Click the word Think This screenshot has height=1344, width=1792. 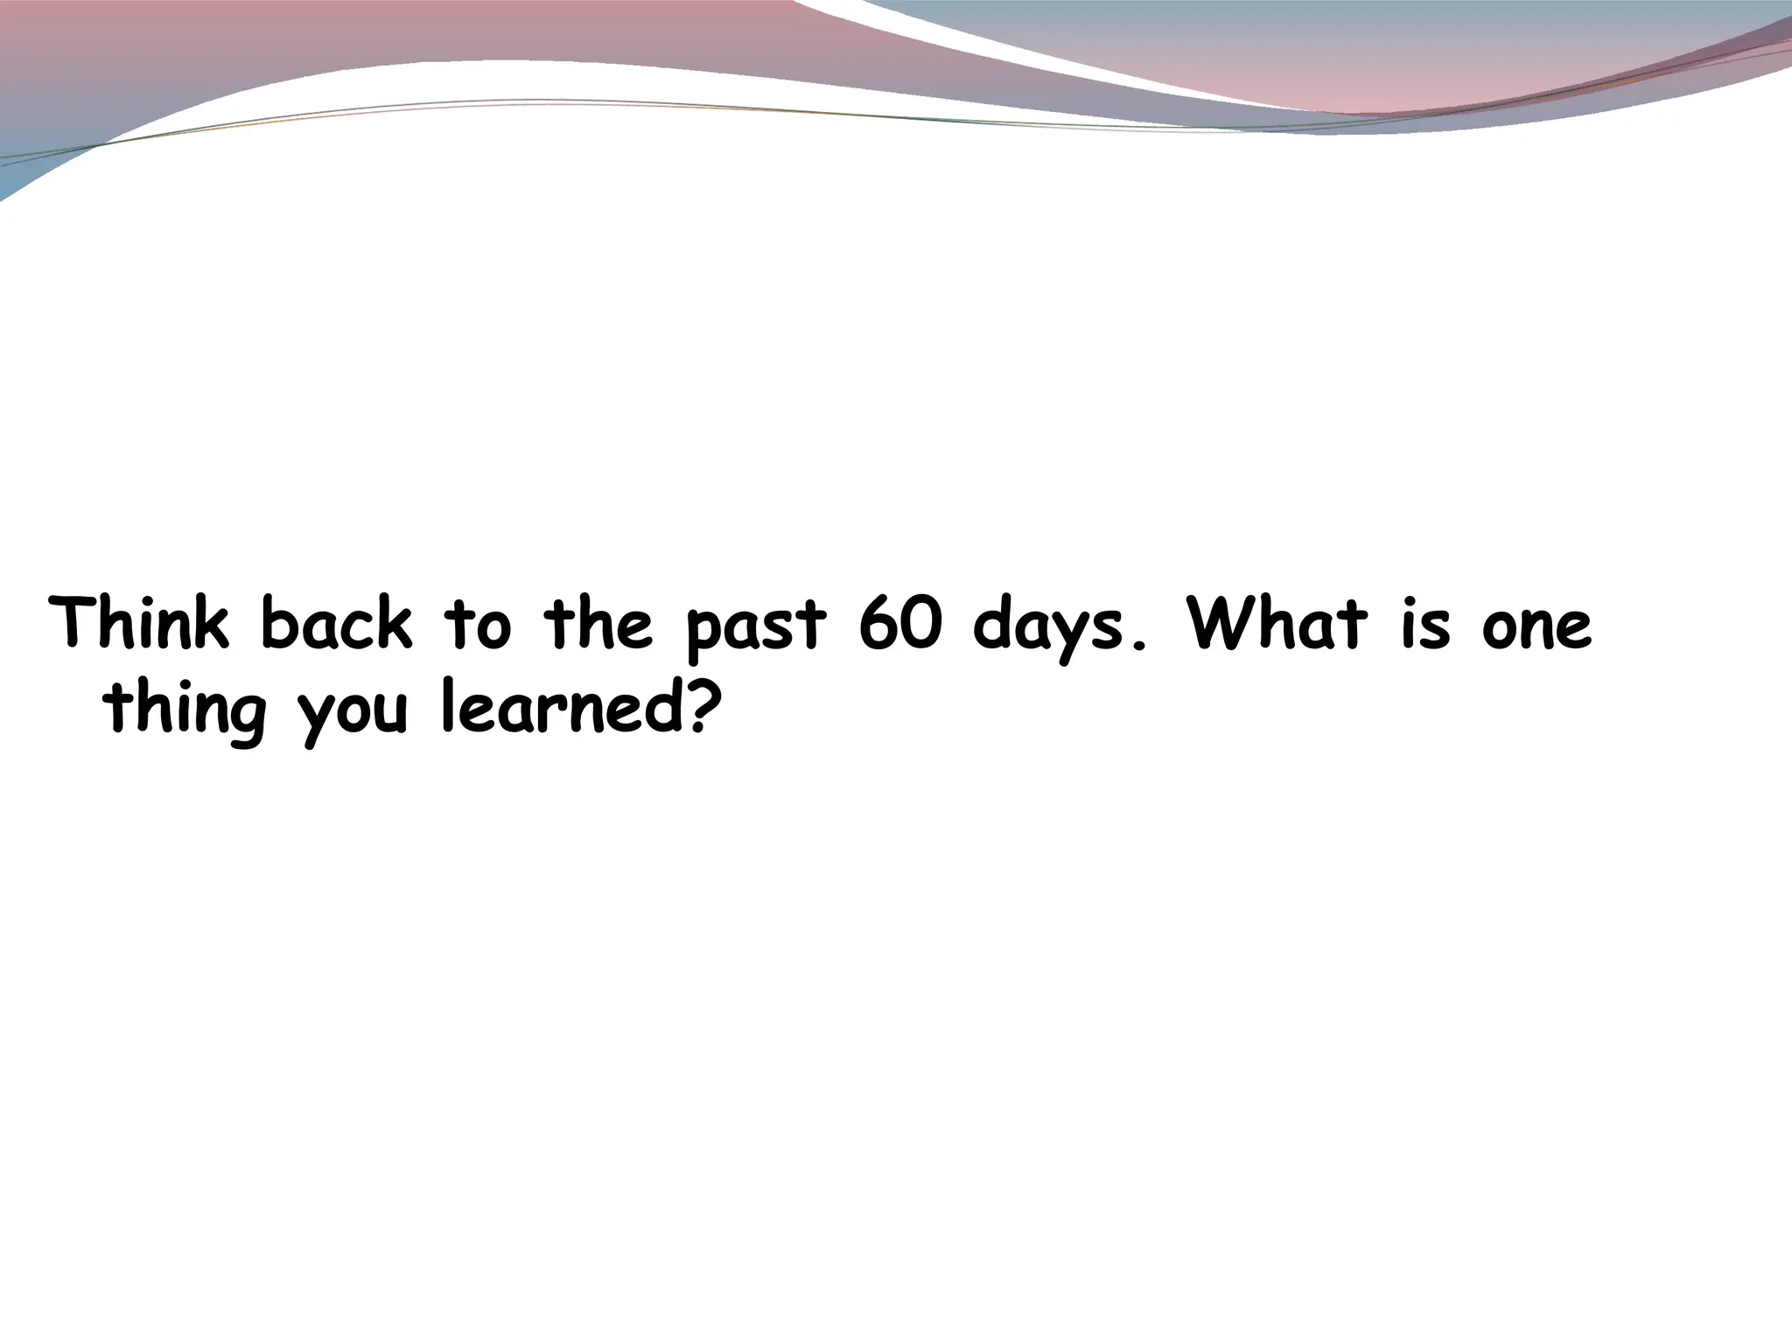(x=140, y=624)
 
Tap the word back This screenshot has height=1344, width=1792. (x=336, y=624)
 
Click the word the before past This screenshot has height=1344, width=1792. (x=598, y=624)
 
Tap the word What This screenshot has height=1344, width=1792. (x=1277, y=624)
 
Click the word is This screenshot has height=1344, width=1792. (x=1424, y=624)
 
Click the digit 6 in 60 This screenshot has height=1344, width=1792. (x=878, y=624)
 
